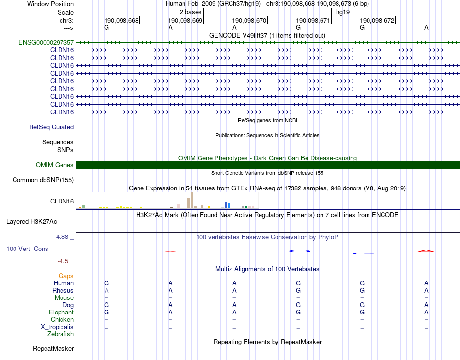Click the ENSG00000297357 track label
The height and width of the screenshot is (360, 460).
click(x=46, y=42)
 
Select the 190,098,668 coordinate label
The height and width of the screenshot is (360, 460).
click(x=121, y=20)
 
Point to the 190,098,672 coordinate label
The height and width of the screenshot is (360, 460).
click(x=377, y=20)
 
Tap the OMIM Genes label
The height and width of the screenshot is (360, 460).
click(x=55, y=165)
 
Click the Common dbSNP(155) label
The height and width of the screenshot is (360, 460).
click(x=43, y=180)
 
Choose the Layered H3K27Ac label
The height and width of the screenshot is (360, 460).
click(x=31, y=222)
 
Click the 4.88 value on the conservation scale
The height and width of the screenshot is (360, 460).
click(x=62, y=237)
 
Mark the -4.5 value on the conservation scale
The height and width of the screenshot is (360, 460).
click(x=63, y=261)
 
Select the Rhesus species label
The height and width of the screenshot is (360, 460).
click(x=63, y=291)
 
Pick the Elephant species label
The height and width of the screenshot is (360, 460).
click(x=61, y=313)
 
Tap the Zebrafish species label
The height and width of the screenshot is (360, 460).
click(x=61, y=334)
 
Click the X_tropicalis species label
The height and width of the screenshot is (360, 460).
click(x=57, y=327)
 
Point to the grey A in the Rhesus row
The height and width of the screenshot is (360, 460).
click(x=107, y=291)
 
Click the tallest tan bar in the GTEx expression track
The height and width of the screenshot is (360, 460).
click(x=192, y=200)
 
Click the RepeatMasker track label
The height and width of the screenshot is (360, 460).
click(x=53, y=349)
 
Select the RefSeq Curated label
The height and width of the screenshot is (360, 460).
click(x=51, y=127)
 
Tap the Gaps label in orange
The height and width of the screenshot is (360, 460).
click(x=66, y=276)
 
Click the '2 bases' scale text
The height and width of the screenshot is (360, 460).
click(x=190, y=11)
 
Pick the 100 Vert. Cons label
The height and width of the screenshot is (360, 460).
click(x=27, y=249)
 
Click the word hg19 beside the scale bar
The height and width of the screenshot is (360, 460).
click(x=343, y=11)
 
